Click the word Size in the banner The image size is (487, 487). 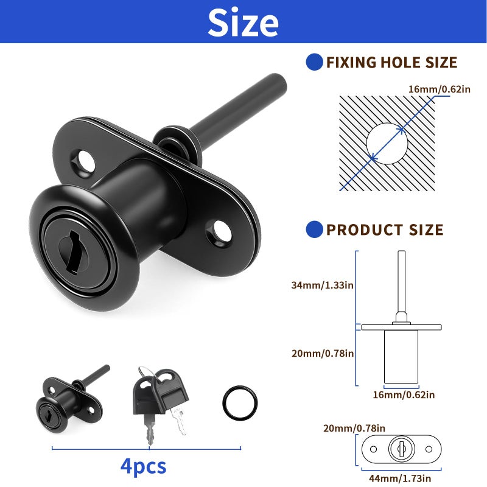243,23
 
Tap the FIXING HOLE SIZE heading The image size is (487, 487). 391,62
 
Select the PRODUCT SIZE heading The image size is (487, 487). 385,229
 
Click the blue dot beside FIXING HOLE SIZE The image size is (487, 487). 314,61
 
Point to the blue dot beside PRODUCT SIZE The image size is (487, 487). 314,229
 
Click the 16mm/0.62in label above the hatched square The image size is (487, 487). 440,89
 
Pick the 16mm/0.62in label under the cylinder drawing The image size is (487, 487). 403,394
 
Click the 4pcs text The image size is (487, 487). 143,466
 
